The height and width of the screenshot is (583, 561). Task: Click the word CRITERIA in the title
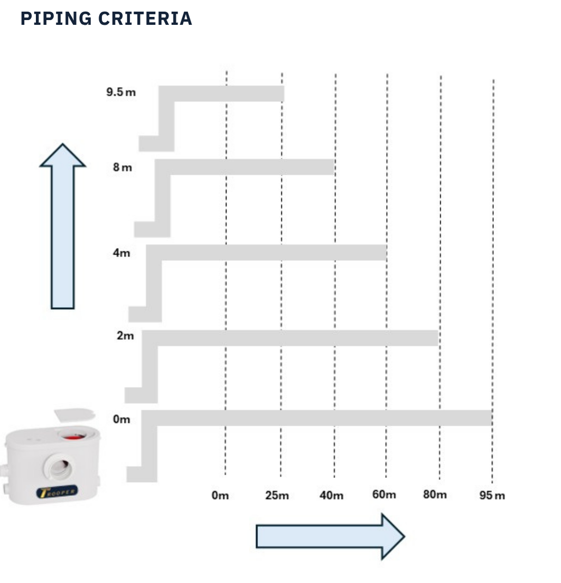point(145,18)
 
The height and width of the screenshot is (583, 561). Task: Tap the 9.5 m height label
point(121,92)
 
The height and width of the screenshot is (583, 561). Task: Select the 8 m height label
point(123,168)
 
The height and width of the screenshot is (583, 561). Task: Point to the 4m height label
point(121,253)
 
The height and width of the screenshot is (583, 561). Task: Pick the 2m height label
point(125,336)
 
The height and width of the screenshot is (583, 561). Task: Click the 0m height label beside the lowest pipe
point(121,420)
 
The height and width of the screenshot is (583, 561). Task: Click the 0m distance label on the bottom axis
point(220,496)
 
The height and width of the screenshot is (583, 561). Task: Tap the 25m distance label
point(277,496)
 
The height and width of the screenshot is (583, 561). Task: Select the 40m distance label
point(331,496)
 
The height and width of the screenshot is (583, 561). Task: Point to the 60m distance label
point(384,495)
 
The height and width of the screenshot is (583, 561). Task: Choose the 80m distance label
point(435,495)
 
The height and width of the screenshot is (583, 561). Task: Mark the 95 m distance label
point(492,496)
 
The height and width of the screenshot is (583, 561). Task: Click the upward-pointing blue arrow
point(63,227)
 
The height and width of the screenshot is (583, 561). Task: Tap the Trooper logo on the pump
point(57,492)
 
